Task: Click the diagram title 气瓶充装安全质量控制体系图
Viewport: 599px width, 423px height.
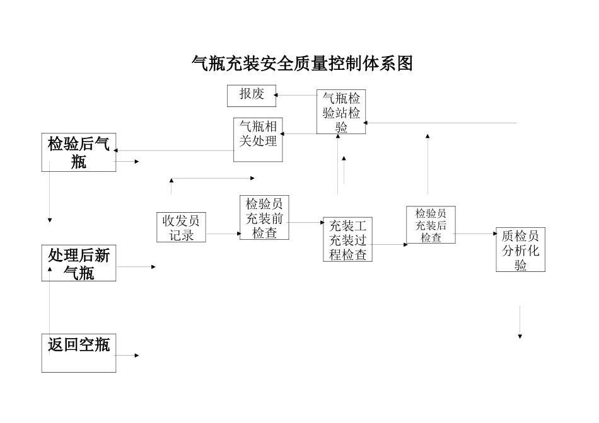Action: pos(301,64)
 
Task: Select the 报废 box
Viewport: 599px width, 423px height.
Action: pos(252,95)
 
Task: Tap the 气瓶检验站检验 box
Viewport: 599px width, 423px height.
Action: pos(340,111)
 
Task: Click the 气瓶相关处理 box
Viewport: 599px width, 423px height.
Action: pos(258,140)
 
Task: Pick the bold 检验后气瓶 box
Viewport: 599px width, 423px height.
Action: pos(79,153)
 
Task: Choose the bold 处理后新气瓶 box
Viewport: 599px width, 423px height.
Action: pos(79,263)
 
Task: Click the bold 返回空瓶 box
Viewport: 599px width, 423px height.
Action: pos(79,352)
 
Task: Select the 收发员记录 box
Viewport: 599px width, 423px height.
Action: pos(182,228)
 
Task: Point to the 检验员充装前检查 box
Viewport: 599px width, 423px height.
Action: pos(264,218)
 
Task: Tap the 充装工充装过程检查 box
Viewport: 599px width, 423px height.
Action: pos(347,239)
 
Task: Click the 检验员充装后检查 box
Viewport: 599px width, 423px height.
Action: pos(431,225)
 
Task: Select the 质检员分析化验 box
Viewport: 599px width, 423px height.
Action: pos(520,250)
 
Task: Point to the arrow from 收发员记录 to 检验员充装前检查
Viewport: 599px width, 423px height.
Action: pos(223,234)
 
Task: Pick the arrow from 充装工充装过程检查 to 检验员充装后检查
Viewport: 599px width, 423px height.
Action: pos(389,244)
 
